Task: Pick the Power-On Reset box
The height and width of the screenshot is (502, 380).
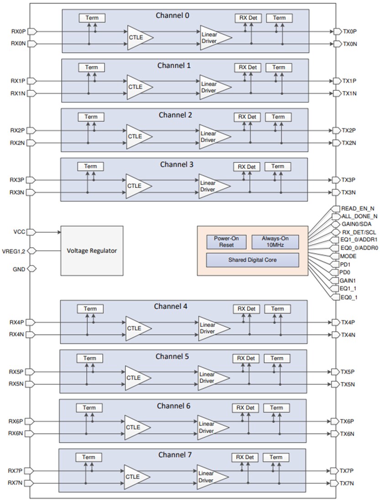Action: pos(226,241)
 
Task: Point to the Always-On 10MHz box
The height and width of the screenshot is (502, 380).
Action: pos(275,241)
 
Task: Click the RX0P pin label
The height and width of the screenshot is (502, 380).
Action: pos(18,31)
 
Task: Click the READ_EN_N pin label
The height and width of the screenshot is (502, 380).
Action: pos(358,208)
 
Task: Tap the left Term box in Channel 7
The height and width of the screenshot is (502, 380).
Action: pos(88,457)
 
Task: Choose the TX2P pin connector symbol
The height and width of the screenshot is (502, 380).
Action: pos(337,131)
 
